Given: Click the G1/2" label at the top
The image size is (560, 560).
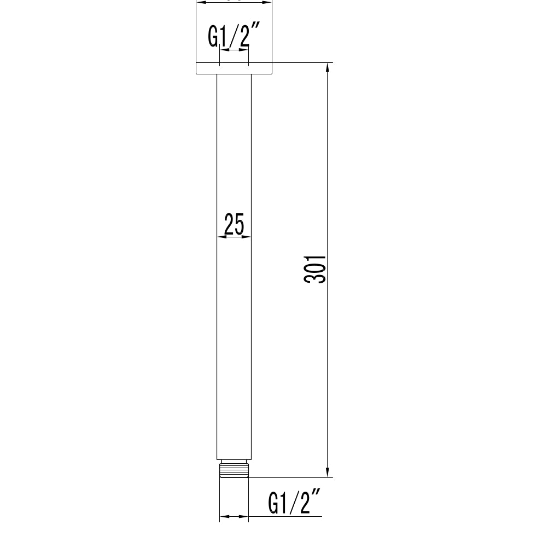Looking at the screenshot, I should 229,37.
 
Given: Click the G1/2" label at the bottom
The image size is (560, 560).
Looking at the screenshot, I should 293,503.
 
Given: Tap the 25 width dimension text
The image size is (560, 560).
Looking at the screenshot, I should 234,224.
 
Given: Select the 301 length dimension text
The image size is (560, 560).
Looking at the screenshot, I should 316,269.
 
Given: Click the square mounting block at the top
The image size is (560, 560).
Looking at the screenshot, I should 234,33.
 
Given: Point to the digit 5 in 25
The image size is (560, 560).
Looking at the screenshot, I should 240,224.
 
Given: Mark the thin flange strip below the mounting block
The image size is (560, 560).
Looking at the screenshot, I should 234,68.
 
